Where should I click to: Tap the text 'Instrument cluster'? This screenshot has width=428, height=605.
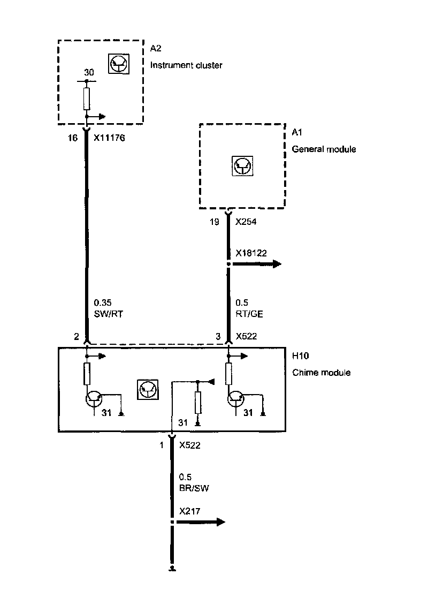pyautogui.click(x=186, y=65)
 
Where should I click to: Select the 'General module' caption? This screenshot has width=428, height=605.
pyautogui.click(x=324, y=149)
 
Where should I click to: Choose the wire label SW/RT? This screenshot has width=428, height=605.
pyautogui.click(x=109, y=314)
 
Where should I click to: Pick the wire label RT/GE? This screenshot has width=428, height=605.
pyautogui.click(x=249, y=314)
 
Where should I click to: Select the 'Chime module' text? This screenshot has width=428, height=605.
pyautogui.click(x=322, y=372)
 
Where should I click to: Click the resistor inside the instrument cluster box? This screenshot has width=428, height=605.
pyautogui.click(x=87, y=99)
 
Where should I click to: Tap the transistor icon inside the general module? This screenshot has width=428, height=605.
pyautogui.click(x=242, y=165)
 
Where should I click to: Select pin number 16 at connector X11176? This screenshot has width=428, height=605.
pyautogui.click(x=73, y=138)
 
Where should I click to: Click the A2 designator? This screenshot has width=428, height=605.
pyautogui.click(x=155, y=49)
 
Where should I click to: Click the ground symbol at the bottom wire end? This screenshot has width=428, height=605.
pyautogui.click(x=172, y=569)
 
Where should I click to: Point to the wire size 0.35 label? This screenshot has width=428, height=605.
pyautogui.click(x=102, y=303)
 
